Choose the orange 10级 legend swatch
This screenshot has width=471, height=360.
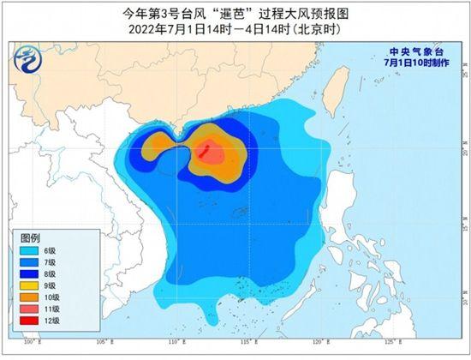click(x=31, y=297)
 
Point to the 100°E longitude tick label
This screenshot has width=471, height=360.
click(x=33, y=342)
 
